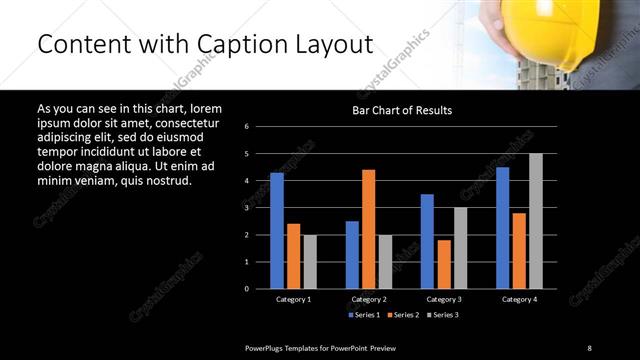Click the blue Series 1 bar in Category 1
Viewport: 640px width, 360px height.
tap(276, 230)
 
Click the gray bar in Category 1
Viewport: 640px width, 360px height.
tap(310, 261)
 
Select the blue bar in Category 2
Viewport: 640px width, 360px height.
tap(352, 254)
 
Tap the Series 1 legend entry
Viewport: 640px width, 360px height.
tap(363, 314)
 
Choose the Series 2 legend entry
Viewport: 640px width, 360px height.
tap(403, 314)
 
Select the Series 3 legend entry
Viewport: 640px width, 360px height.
tap(441, 314)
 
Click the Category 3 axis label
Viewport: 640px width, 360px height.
tap(444, 299)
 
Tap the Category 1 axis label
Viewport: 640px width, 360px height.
tap(294, 299)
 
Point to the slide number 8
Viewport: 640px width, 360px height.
tap(589, 347)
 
